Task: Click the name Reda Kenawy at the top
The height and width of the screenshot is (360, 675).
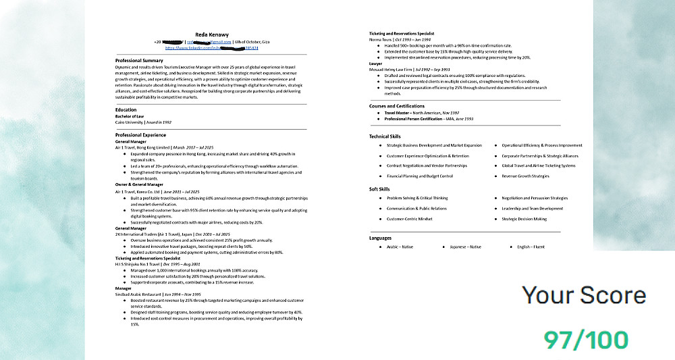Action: click(x=211, y=34)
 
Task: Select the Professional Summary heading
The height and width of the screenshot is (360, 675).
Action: click(x=139, y=60)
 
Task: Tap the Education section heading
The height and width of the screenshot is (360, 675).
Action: click(x=126, y=109)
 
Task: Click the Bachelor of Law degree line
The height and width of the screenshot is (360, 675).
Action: click(x=130, y=115)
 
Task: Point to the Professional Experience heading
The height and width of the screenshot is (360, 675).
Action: click(x=141, y=134)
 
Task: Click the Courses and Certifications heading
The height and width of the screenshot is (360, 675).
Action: click(x=397, y=106)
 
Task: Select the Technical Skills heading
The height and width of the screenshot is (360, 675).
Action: click(x=385, y=136)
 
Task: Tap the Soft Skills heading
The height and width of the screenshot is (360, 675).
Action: click(x=379, y=189)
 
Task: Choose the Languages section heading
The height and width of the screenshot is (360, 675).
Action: click(x=380, y=238)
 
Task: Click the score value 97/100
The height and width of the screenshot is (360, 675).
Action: click(x=585, y=340)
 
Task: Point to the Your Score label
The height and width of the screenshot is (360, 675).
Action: click(x=584, y=295)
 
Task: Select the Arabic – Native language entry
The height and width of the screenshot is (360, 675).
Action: click(x=400, y=247)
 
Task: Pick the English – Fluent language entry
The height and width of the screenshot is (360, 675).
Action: click(x=531, y=247)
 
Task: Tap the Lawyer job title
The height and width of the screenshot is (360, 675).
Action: click(x=376, y=63)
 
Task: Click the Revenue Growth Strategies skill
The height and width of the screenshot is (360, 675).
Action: click(x=525, y=176)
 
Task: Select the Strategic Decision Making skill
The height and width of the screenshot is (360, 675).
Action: click(x=524, y=219)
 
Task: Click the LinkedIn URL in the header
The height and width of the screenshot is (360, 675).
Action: click(x=211, y=48)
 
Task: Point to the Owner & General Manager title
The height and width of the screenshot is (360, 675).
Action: click(x=139, y=184)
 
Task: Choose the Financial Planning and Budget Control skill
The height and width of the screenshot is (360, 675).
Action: click(x=419, y=176)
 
